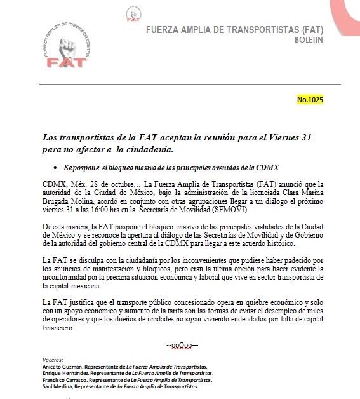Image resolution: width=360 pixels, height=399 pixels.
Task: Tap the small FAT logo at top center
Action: coord(133,13)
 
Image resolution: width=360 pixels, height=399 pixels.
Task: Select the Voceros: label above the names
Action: coord(51,360)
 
